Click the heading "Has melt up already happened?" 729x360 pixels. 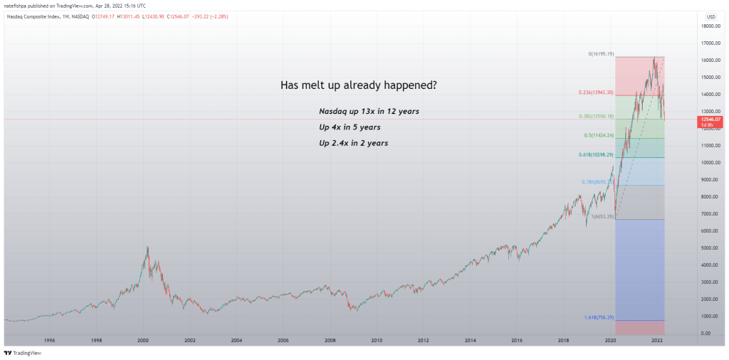point(359,85)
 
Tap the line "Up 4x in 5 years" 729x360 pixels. point(350,127)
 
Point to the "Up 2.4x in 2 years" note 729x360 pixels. point(354,143)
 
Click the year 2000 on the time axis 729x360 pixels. point(143,341)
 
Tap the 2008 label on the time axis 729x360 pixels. point(330,341)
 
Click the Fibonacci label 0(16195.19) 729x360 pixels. point(601,54)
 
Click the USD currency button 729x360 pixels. point(710,16)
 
